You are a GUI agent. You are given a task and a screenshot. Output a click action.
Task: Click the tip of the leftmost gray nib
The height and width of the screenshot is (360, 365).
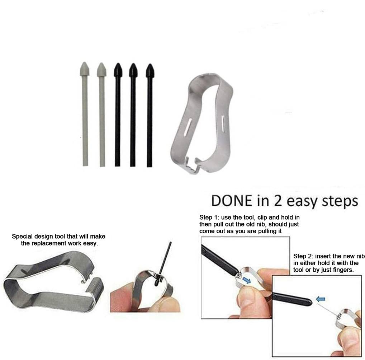tap(84, 62)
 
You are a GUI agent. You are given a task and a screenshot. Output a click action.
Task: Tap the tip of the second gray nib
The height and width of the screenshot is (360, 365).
tap(101, 63)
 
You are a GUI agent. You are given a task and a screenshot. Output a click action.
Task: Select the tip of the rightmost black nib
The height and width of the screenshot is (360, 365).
tap(150, 64)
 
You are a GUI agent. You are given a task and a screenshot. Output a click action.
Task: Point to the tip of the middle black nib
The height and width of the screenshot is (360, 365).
tap(133, 64)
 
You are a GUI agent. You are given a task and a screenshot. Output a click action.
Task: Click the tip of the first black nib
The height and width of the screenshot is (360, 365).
tap(118, 64)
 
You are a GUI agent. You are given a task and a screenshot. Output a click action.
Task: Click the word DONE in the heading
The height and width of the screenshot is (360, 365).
tap(232, 201)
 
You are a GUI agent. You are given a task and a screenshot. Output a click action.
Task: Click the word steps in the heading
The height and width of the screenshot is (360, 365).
tap(340, 202)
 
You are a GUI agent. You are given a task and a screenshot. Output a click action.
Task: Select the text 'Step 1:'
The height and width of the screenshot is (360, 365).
tap(209, 218)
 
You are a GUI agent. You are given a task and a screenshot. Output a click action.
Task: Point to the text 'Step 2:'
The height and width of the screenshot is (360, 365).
tap(303, 256)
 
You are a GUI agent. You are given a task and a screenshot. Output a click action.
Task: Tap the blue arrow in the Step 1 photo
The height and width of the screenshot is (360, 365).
tap(247, 280)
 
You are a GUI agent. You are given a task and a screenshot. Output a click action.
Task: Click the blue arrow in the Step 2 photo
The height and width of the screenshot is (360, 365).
tap(321, 299)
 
